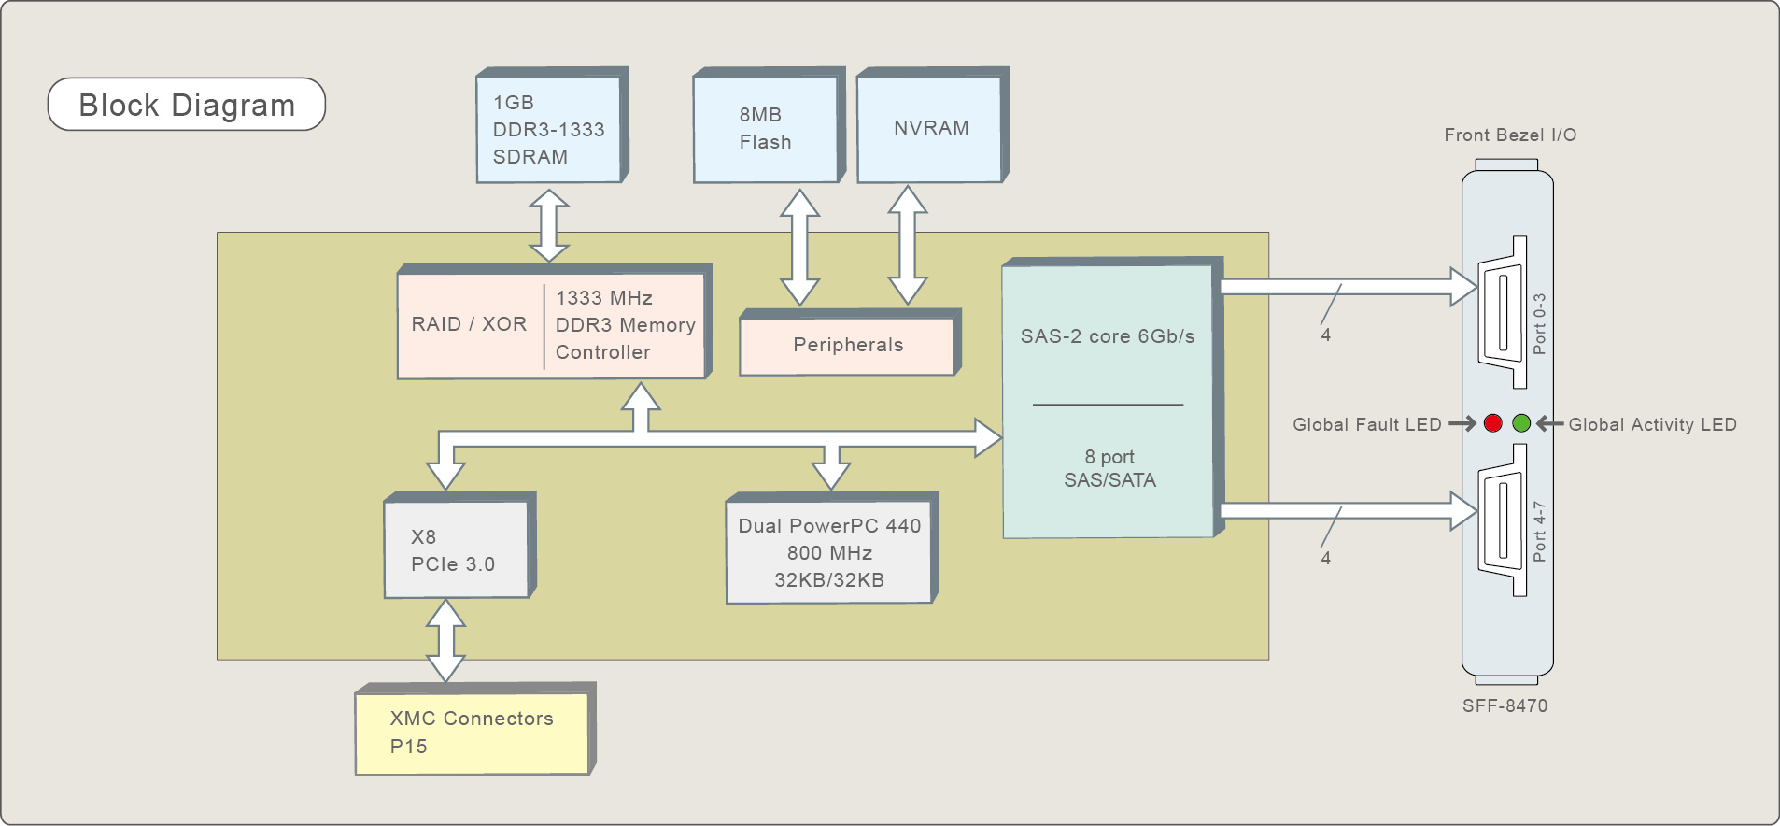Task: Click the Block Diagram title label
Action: coord(187,105)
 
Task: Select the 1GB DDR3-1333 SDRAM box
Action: coord(549,129)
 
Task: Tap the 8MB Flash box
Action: coord(766,128)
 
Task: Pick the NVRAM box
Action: coord(930,128)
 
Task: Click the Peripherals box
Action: coord(848,345)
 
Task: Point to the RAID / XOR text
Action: coord(469,324)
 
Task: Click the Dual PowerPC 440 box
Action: coord(829,552)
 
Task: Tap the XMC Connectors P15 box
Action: coord(473,733)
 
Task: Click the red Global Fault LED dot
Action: coord(1492,423)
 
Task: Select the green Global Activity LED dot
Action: coord(1521,423)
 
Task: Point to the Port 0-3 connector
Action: coord(1503,313)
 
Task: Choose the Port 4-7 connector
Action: coord(1503,520)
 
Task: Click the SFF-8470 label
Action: coord(1505,705)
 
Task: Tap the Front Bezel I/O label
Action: coord(1510,135)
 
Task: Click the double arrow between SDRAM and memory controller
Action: coord(549,225)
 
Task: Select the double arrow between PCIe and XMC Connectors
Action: coord(445,640)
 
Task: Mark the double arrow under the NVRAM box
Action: coord(907,245)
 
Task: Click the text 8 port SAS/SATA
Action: coord(1109,468)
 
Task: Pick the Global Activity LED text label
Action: coord(1652,424)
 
